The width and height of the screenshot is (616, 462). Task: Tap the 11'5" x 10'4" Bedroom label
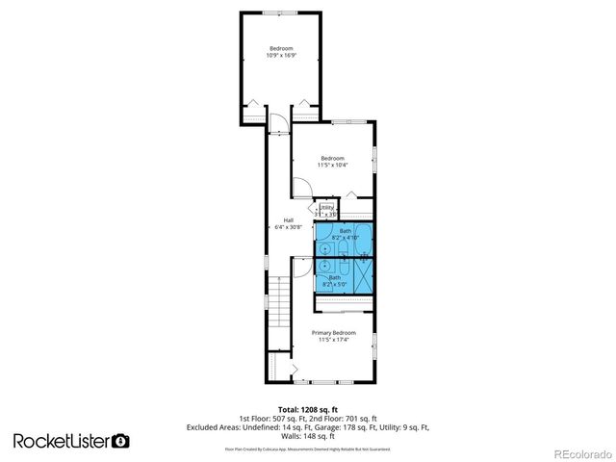point(332,162)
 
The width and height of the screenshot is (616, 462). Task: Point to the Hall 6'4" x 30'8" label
point(288,223)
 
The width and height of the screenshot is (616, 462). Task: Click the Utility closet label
point(326,210)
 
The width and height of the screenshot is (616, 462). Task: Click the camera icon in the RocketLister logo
point(120,441)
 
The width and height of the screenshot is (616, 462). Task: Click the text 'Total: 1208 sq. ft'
point(307,409)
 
